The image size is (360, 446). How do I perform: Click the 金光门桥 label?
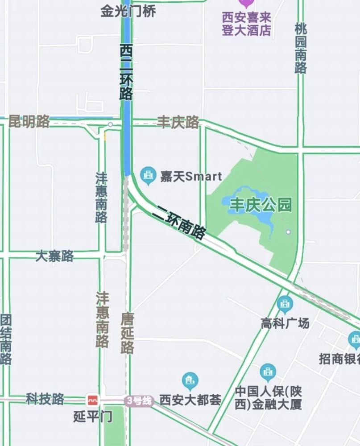128,11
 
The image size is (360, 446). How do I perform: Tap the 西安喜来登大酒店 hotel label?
247,24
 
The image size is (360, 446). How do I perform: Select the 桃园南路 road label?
301,48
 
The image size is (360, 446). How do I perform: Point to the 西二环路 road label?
126,72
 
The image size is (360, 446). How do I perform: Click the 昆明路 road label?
29,121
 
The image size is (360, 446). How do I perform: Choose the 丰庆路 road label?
178,122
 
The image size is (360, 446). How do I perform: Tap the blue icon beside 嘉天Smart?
148,176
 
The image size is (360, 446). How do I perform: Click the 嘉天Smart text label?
191,177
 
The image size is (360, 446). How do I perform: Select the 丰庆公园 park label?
261,205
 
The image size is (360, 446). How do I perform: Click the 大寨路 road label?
54,256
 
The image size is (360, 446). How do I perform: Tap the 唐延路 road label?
128,333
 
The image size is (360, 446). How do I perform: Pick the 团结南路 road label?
5,339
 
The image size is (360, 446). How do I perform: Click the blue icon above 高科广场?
285,305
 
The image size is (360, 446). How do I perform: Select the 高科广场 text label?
285,323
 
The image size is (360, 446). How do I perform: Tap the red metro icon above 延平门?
93,400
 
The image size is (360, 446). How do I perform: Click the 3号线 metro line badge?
139,401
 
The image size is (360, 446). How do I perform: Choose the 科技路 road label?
45,399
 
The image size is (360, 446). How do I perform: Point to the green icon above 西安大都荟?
190,381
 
